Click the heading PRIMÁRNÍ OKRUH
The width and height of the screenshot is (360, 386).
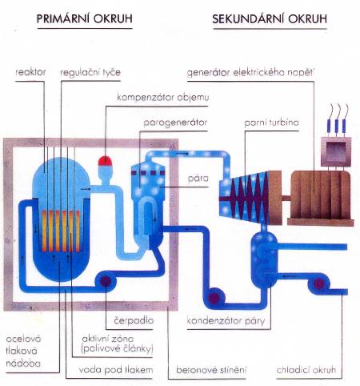point(84,18)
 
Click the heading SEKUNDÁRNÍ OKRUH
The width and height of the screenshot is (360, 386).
point(270,19)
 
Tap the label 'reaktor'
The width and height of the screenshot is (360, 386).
point(30,72)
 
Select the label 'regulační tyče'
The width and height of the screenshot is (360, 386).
point(90,72)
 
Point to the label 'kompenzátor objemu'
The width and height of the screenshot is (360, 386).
point(163,98)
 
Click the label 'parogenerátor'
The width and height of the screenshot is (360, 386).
point(175,123)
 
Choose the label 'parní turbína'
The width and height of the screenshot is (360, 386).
point(271,123)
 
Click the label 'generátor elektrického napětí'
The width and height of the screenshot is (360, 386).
point(250,73)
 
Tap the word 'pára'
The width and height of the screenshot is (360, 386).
point(198,178)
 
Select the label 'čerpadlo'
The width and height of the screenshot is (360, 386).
point(134,320)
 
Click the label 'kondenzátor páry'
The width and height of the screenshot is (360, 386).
point(226,320)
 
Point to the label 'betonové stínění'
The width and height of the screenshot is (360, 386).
point(211,370)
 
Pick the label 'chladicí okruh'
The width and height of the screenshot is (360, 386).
point(306,370)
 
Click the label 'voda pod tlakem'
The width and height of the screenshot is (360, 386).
point(116,370)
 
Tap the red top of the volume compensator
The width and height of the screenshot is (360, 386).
point(105,161)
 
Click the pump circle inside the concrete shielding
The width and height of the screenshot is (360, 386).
point(106,281)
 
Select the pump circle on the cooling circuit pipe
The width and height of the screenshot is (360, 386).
point(318,283)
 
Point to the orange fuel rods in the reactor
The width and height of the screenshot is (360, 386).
point(61,231)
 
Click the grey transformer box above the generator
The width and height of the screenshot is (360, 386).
point(336,151)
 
